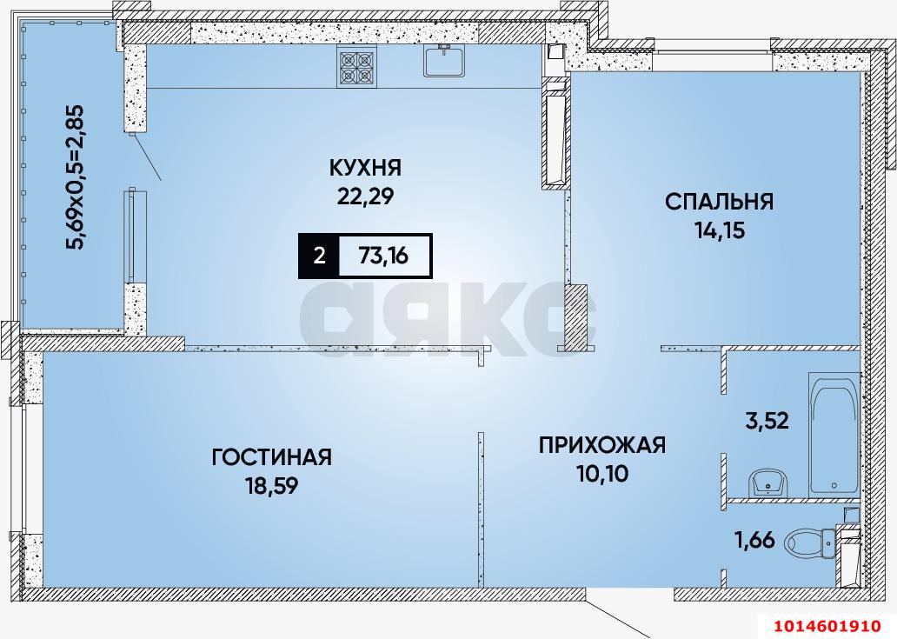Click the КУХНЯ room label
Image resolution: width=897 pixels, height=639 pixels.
(x=365, y=167)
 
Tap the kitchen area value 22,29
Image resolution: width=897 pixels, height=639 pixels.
(x=365, y=196)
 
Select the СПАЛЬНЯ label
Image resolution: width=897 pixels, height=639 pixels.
(x=719, y=202)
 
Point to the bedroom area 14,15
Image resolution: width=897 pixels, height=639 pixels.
(x=719, y=231)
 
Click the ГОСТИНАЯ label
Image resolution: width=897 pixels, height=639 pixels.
(x=272, y=456)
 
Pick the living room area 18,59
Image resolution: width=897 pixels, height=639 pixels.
(x=272, y=486)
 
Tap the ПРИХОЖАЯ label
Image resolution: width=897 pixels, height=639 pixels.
(x=601, y=445)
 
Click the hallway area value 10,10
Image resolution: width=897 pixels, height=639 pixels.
(x=601, y=475)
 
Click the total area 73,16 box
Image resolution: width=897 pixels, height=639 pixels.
(x=383, y=256)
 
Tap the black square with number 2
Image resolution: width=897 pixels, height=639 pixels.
(x=319, y=256)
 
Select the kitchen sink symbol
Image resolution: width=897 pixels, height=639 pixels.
(x=446, y=61)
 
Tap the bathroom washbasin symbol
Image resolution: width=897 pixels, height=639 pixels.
(x=767, y=481)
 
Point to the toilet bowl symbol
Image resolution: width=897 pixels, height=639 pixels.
(x=808, y=544)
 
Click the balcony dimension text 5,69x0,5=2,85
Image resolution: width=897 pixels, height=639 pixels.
(x=76, y=176)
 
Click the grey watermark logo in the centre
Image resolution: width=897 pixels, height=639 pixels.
(x=443, y=319)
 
